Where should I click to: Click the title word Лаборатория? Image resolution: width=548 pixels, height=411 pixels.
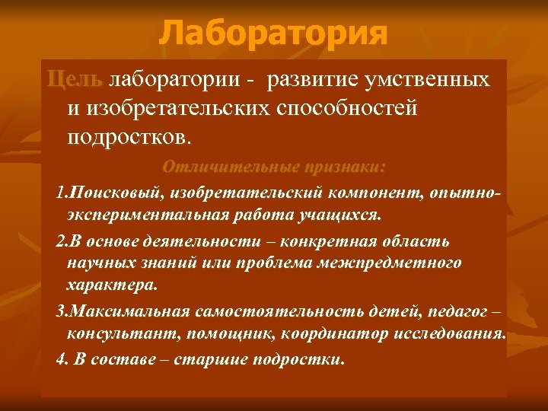point(273,33)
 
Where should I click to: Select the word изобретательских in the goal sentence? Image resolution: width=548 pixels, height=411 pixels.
point(182,109)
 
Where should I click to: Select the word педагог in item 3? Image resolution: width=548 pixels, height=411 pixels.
point(456,313)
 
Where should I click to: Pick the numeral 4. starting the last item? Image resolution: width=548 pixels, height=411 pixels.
point(63,359)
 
